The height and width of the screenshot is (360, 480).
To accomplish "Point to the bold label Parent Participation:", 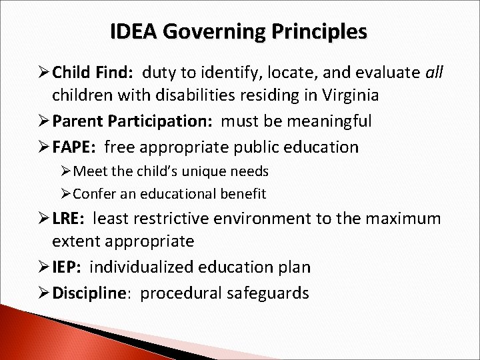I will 134,122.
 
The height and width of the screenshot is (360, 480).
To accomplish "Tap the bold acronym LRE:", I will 71,218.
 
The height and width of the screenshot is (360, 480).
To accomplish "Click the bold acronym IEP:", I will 69,267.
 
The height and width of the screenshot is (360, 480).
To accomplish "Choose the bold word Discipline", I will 91,293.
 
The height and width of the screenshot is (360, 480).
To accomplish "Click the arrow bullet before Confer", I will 66,194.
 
